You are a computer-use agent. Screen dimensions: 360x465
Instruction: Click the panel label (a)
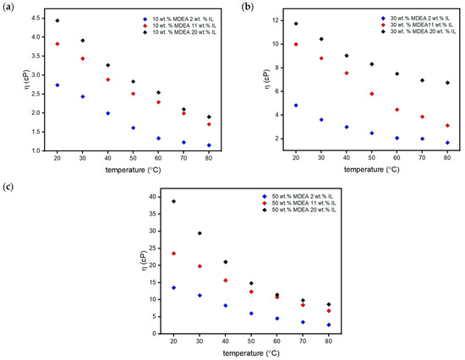(x=10, y=7)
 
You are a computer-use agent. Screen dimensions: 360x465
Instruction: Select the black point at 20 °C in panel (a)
(x=57, y=20)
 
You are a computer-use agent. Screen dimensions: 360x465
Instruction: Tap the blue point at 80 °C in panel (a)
(x=209, y=145)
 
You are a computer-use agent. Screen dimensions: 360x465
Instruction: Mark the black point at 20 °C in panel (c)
(x=173, y=201)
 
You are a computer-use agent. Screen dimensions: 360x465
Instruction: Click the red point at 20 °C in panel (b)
(x=296, y=44)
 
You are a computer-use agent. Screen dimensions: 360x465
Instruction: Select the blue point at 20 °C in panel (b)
(x=296, y=106)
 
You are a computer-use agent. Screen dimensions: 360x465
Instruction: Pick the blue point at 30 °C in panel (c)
(x=199, y=295)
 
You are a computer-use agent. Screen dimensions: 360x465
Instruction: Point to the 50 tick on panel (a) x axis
(x=133, y=159)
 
